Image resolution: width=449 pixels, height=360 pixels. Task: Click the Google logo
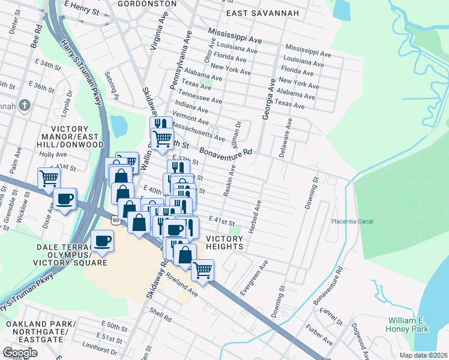pos(20,353)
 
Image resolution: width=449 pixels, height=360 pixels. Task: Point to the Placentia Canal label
pos(352,221)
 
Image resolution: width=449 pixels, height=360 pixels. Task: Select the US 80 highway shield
pos(116,221)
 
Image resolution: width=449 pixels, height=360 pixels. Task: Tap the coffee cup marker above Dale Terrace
pos(103,241)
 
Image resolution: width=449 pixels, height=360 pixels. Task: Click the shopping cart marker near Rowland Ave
pos(202,269)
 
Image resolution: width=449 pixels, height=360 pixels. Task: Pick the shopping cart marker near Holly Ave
pos(49,178)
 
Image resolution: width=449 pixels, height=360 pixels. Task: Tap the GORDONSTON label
pos(147,4)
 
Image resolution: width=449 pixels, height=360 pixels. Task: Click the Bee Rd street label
pos(36,37)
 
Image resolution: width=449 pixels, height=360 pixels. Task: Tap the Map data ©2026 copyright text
pos(423,355)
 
